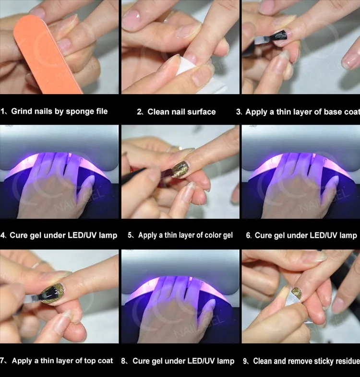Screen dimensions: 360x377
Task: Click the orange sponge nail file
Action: [46, 54]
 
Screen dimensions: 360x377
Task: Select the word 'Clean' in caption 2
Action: [158, 112]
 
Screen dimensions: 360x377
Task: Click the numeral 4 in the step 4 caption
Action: [3, 235]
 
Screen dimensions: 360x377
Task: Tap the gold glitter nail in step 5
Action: [180, 169]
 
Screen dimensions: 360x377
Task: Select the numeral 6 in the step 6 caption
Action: [248, 235]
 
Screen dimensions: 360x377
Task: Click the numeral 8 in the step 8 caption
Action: [123, 361]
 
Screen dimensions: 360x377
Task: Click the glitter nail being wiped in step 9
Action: [297, 293]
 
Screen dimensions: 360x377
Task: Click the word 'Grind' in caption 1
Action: [22, 111]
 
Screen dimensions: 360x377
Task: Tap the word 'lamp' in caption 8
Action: [226, 361]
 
